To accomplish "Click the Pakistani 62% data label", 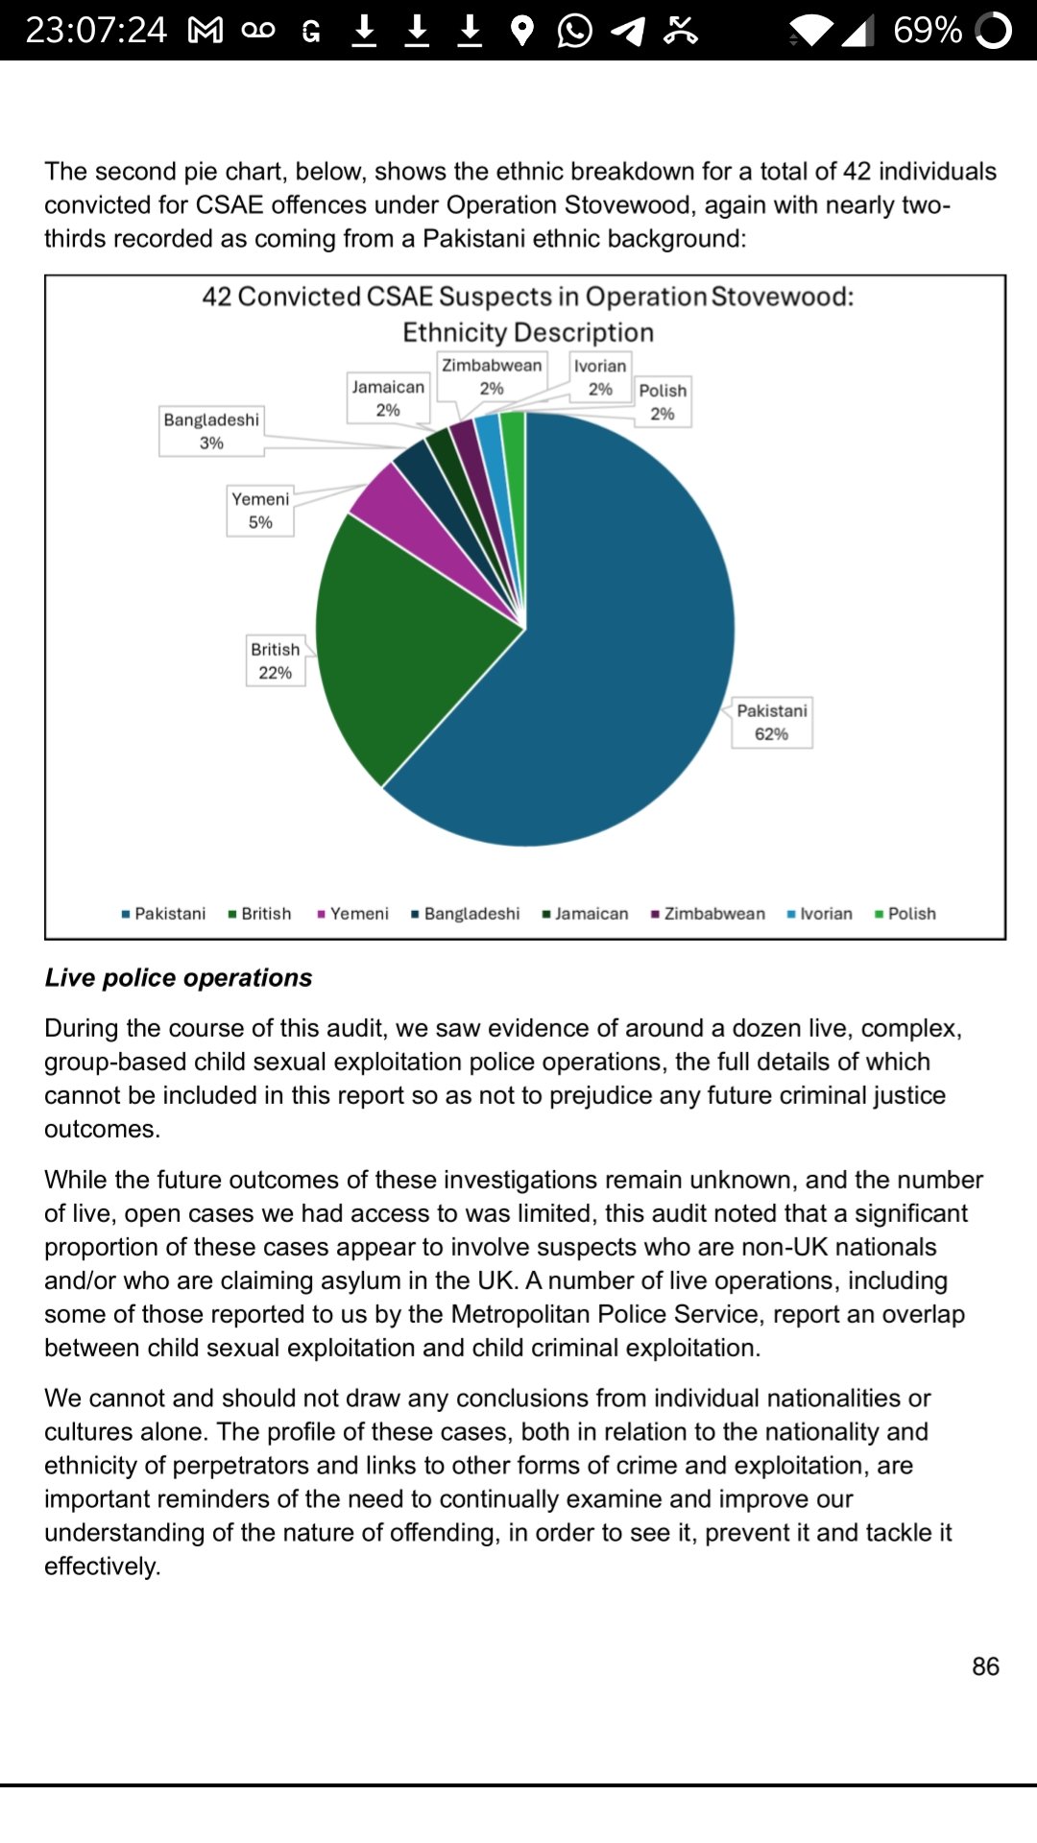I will [x=772, y=722].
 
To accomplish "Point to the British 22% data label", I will [x=276, y=660].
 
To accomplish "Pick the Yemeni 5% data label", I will [x=260, y=510].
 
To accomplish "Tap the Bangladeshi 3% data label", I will [x=211, y=431].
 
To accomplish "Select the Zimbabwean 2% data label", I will [x=492, y=376].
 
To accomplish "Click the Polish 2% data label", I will [x=663, y=401].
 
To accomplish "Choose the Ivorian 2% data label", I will [x=600, y=376].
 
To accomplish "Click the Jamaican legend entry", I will [x=586, y=914].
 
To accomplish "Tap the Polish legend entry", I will [x=905, y=914].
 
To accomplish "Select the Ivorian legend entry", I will [x=820, y=914].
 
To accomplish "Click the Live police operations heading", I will [x=179, y=977].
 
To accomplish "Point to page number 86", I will [x=985, y=1666].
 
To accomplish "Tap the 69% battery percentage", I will [x=927, y=31].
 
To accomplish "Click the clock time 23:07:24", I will [x=96, y=31].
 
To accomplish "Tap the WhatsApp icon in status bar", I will [x=574, y=31].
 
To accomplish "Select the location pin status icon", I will [x=521, y=31].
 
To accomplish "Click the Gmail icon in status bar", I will [x=205, y=31].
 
